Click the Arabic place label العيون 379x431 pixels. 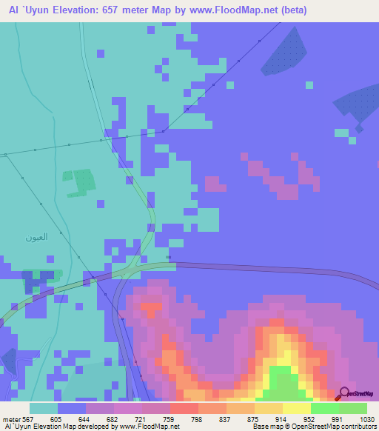coord(36,238)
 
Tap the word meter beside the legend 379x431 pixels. coord(11,418)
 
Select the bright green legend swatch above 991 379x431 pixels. coord(325,408)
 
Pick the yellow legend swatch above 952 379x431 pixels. coord(297,408)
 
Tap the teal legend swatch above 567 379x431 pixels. coord(44,408)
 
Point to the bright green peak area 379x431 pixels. coord(281,378)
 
